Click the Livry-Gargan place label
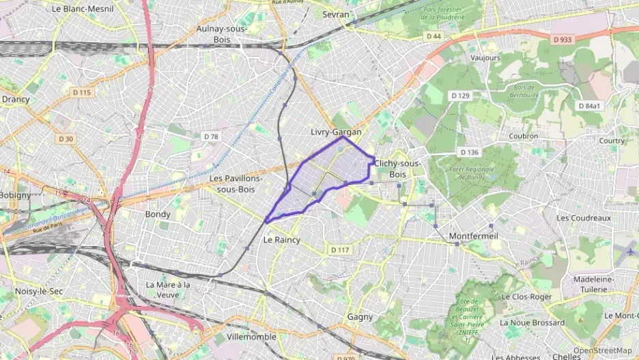[335, 132]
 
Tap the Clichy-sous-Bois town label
[397, 169]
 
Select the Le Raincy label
[282, 240]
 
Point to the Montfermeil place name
[474, 236]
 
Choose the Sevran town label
[335, 14]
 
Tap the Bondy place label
[158, 214]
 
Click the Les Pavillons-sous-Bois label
[236, 183]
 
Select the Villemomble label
[251, 337]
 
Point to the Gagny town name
[360, 316]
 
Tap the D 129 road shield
[460, 96]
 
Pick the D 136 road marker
[469, 152]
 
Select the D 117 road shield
[340, 250]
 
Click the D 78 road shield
[211, 137]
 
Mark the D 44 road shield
[434, 36]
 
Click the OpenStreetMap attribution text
[602, 350]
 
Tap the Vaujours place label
[485, 58]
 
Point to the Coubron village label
[524, 135]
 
